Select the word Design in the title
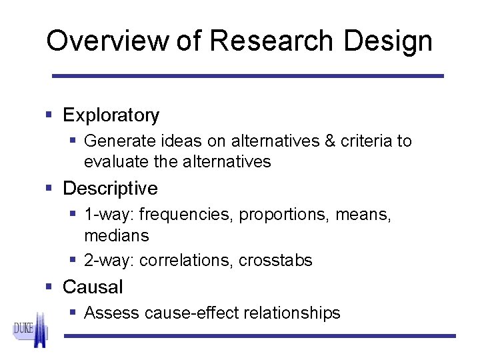(x=389, y=41)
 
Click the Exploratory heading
(x=111, y=115)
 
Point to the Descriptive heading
(x=110, y=189)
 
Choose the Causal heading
(x=93, y=287)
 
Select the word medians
(x=117, y=236)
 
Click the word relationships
(x=291, y=313)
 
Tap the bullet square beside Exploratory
(x=49, y=115)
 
